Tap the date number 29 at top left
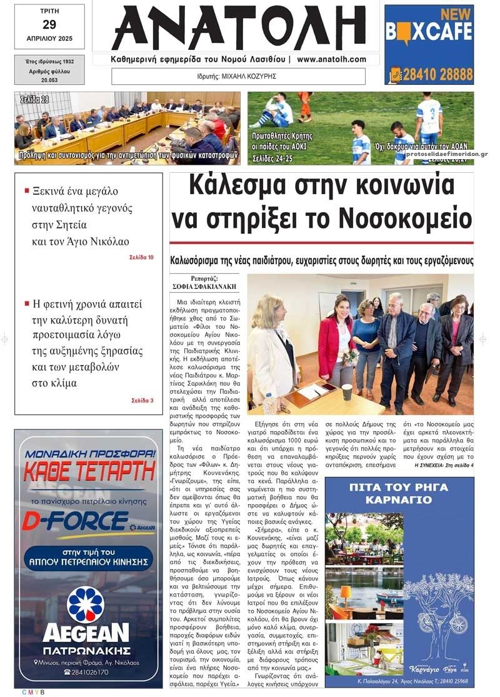point(49,25)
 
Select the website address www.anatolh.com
point(331,59)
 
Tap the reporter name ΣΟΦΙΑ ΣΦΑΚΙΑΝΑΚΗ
point(204,286)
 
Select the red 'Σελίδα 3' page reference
point(142,400)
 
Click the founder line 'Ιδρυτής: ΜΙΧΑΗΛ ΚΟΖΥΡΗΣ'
point(239,76)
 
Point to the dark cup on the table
point(347,392)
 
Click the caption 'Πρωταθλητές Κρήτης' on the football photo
point(282,136)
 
